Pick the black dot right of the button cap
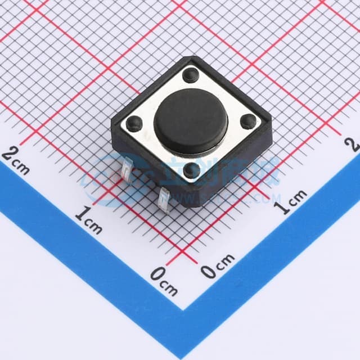coord(248,120)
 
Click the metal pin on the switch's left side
coord(126,169)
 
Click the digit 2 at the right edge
coord(354,143)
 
